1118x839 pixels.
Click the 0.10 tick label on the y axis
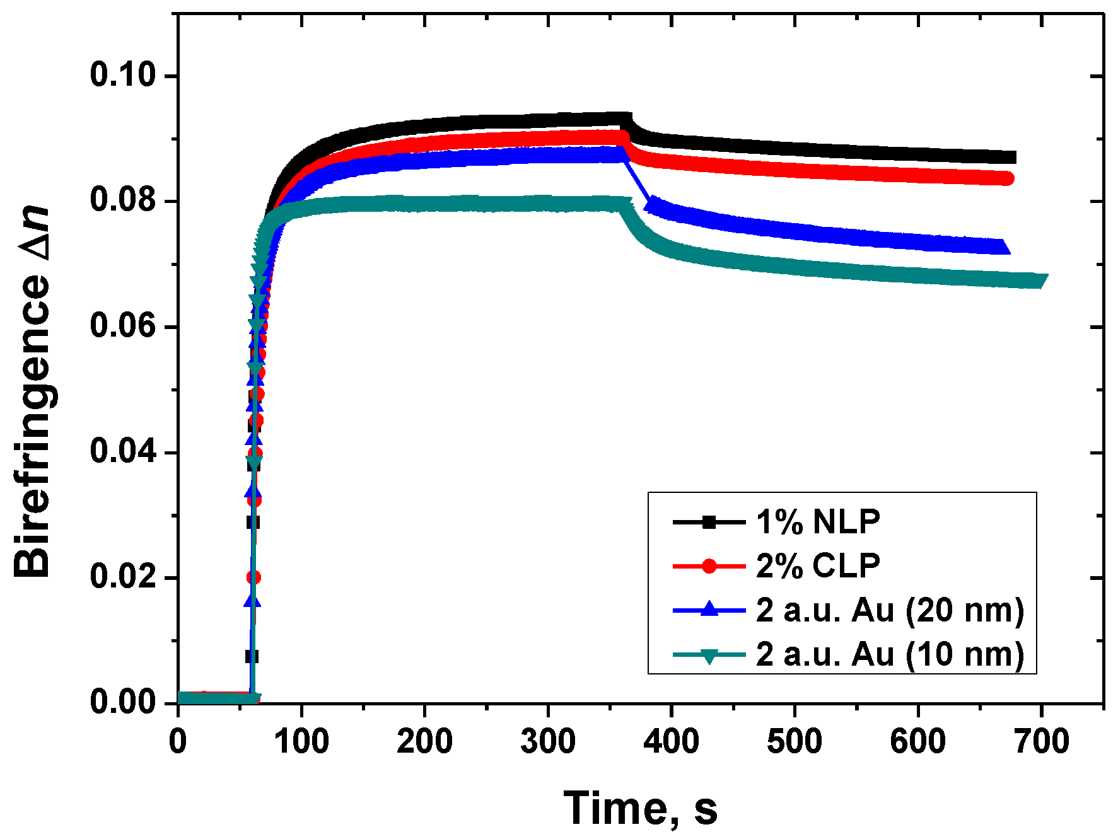pos(122,75)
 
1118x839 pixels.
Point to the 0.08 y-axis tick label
pos(122,200)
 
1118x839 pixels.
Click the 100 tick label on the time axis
pos(301,741)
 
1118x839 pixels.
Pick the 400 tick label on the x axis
pos(671,741)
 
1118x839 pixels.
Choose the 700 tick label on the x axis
pos(1041,741)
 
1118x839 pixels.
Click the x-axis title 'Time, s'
pos(640,808)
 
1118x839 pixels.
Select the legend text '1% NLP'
pos(818,522)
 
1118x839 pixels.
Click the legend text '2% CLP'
pos(818,565)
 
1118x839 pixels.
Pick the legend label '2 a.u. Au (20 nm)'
pos(890,610)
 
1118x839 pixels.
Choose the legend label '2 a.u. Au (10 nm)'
pos(890,654)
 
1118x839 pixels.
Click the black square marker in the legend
pos(709,522)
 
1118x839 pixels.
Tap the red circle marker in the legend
pos(709,565)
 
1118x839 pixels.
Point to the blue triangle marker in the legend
pos(709,609)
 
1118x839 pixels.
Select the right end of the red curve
pos(1007,178)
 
